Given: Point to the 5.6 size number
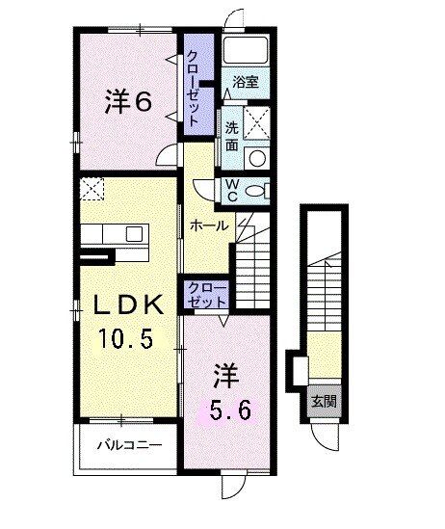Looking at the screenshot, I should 230,411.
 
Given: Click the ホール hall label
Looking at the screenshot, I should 208,226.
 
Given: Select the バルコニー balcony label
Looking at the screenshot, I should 128,445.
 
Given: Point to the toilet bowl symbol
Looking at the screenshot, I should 256,191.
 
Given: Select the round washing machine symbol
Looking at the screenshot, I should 255,159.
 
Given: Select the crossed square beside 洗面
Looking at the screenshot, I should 256,123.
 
